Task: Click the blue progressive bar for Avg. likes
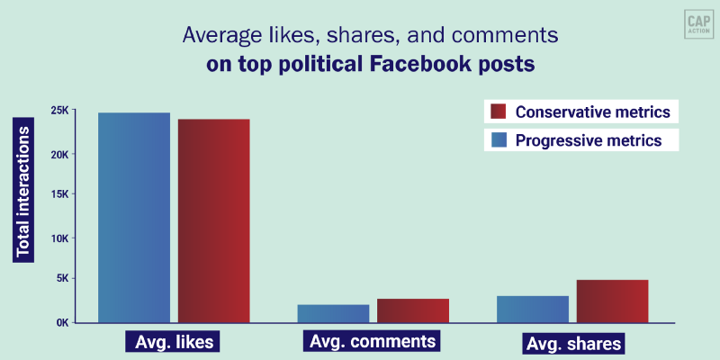[134, 217]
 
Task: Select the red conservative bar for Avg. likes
[213, 220]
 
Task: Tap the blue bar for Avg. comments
[333, 313]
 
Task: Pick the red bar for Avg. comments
[412, 310]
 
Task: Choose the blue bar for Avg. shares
[532, 309]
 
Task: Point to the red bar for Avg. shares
[612, 301]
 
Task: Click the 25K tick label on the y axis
[60, 111]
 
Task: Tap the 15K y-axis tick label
[60, 194]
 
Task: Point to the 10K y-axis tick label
[60, 238]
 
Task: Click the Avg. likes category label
[173, 343]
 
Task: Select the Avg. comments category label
[373, 342]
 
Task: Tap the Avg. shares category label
[572, 344]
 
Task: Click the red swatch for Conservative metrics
[498, 112]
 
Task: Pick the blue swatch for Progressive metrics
[498, 140]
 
